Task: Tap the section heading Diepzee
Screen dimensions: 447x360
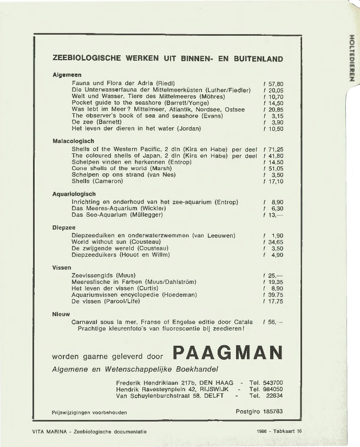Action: [64, 228]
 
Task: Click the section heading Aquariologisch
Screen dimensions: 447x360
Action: [74, 194]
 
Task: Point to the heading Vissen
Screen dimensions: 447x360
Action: [62, 268]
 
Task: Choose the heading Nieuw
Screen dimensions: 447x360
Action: [62, 314]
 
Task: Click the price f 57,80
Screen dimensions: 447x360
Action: [273, 84]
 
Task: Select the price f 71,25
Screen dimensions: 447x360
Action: [273, 149]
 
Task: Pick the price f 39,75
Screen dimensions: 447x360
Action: [273, 295]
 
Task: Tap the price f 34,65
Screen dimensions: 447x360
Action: [273, 242]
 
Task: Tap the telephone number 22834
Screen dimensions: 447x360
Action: [274, 396]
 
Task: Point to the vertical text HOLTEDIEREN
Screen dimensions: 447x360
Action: [352, 57]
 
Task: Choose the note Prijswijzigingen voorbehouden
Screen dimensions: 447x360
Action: [89, 412]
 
